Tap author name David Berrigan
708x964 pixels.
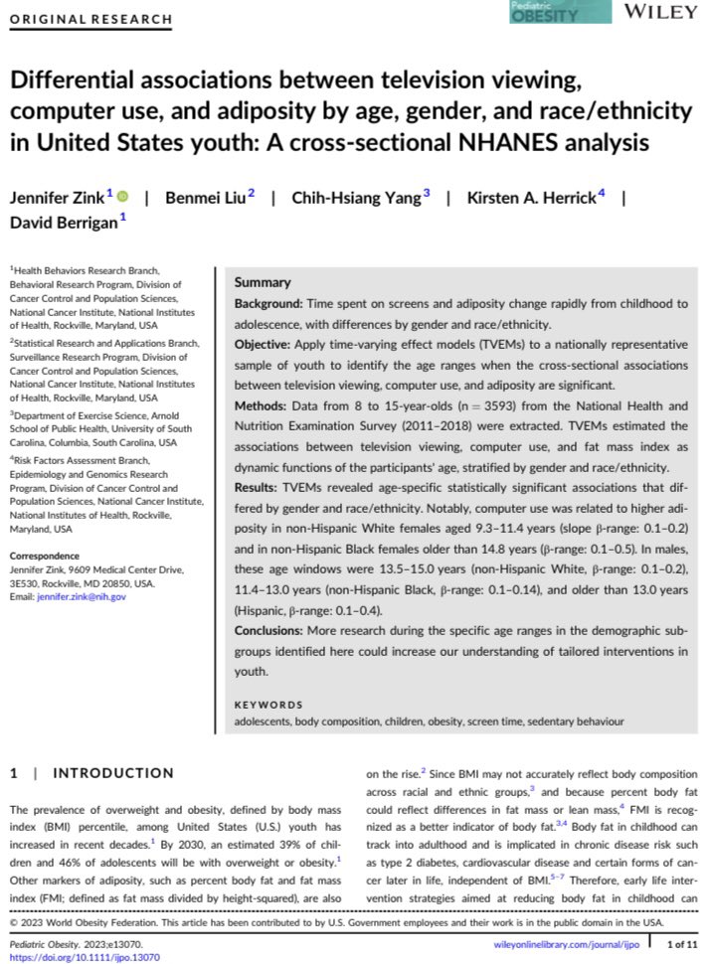click(65, 222)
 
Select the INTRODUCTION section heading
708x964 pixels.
click(112, 772)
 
